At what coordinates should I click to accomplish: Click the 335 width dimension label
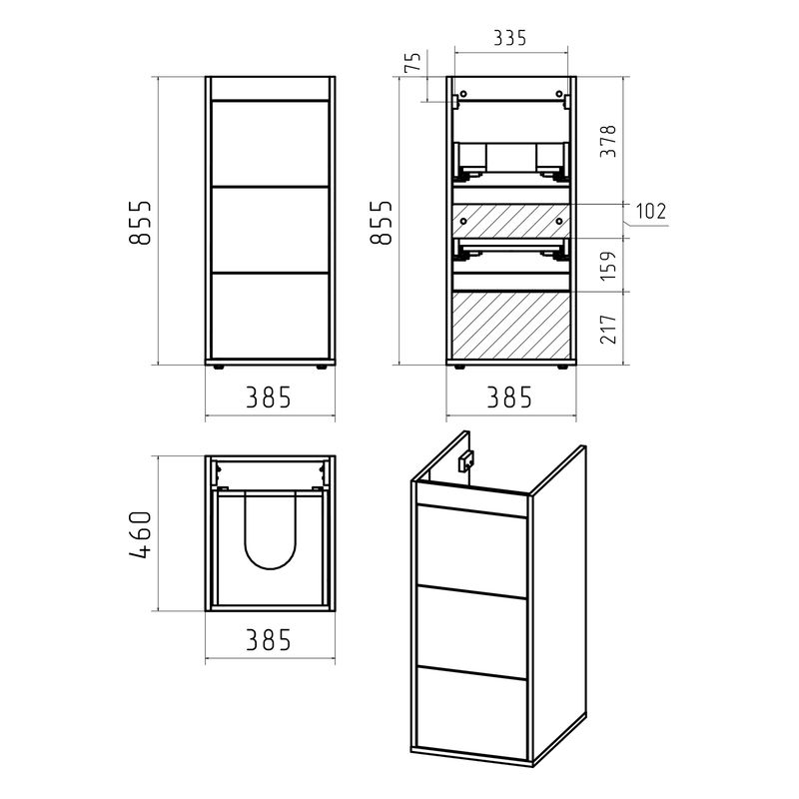(x=509, y=38)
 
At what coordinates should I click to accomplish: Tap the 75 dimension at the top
(x=413, y=62)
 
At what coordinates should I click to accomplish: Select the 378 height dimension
(x=608, y=141)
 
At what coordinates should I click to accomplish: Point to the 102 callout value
(x=651, y=211)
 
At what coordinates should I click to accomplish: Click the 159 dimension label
(x=608, y=265)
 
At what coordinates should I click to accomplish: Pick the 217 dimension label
(x=608, y=330)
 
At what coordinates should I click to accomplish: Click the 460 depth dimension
(x=141, y=534)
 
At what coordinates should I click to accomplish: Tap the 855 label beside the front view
(x=141, y=223)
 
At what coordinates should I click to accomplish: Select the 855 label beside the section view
(x=382, y=223)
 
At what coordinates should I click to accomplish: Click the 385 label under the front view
(x=269, y=398)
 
